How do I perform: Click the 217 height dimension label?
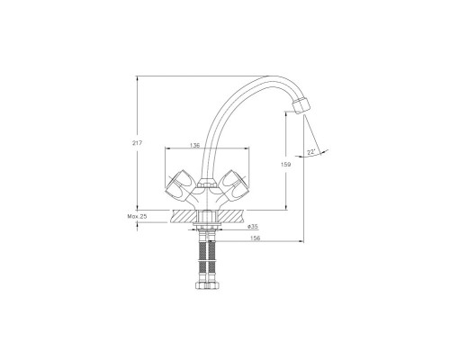[x=137, y=143]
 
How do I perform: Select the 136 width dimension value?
[x=194, y=145]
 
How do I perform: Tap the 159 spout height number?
[x=285, y=165]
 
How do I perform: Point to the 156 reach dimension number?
[x=256, y=238]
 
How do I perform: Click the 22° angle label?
[x=311, y=152]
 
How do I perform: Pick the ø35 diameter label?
[x=253, y=227]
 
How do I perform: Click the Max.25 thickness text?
[x=137, y=216]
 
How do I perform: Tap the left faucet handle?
[x=179, y=185]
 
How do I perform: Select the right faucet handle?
[x=235, y=185]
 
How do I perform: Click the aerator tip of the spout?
[x=301, y=105]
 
